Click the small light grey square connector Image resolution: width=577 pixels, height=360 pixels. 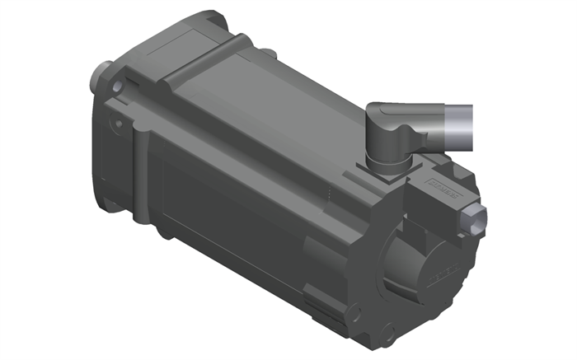coord(477,219)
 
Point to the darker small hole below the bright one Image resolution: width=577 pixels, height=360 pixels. coord(119,124)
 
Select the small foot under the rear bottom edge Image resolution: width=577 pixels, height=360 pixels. coord(326,325)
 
